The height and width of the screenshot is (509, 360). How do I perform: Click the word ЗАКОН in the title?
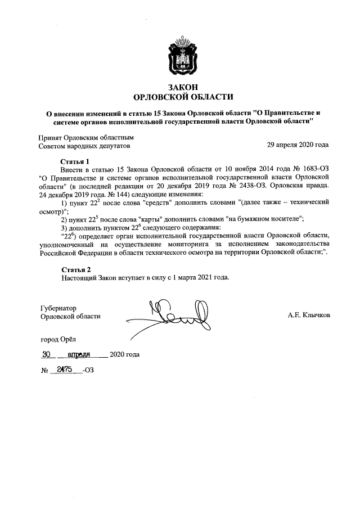179,86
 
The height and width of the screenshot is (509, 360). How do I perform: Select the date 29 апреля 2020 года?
298,145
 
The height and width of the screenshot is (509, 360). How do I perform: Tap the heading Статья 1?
75,161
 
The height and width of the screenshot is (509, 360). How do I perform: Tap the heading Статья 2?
75,269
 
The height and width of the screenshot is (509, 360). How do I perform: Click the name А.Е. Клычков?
309,316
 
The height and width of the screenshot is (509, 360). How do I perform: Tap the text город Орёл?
55,339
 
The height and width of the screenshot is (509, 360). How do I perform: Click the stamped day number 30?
47,355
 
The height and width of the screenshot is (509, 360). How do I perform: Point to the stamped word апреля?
83,355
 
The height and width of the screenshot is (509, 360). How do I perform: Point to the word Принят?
49,137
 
